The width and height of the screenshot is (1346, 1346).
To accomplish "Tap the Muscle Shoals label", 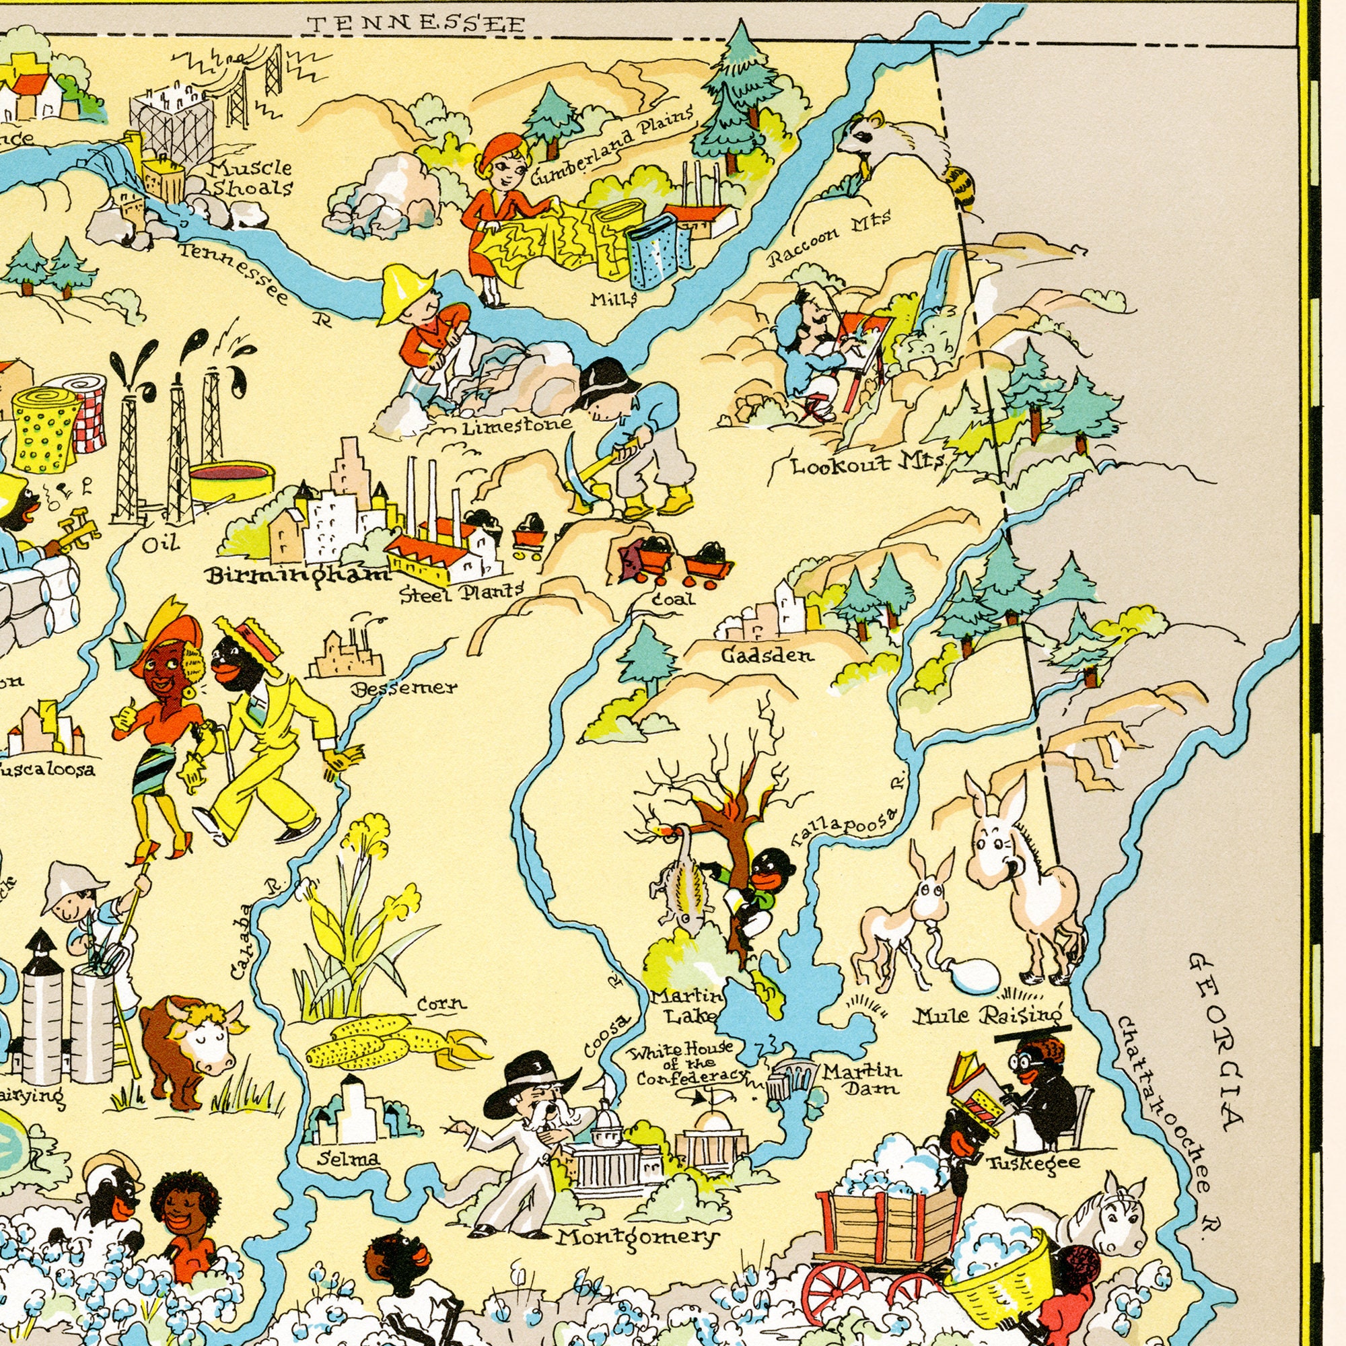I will tap(252, 178).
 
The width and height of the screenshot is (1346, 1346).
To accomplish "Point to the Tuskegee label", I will tap(1033, 1162).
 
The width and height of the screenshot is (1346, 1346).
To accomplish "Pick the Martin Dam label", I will tap(862, 1077).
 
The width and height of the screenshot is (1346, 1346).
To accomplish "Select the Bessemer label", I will tap(404, 688).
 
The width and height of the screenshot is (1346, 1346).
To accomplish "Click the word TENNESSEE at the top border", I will tap(416, 24).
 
